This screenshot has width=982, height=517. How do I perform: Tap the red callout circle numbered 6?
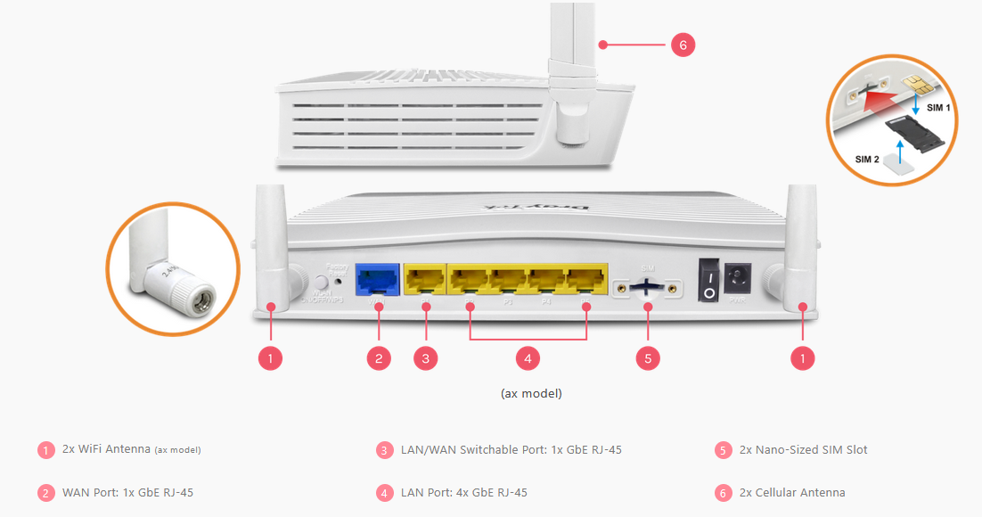click(683, 44)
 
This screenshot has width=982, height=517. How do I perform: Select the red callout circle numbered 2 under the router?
click(379, 358)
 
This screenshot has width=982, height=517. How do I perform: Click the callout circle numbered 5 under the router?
click(648, 358)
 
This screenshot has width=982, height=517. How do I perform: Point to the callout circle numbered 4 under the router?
click(528, 358)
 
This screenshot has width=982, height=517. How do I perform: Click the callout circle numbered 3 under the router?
click(426, 358)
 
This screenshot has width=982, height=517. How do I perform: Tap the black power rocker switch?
click(708, 280)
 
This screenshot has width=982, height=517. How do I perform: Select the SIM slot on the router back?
click(648, 287)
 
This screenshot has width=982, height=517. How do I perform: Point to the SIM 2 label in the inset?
click(868, 159)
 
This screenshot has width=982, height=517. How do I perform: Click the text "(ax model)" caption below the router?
click(530, 392)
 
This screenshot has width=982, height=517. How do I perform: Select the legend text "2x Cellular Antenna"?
click(792, 492)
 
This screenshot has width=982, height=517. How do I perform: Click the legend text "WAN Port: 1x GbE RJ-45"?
click(127, 492)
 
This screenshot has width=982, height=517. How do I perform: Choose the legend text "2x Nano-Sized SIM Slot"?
click(803, 449)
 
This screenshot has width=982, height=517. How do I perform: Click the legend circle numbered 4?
click(385, 493)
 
